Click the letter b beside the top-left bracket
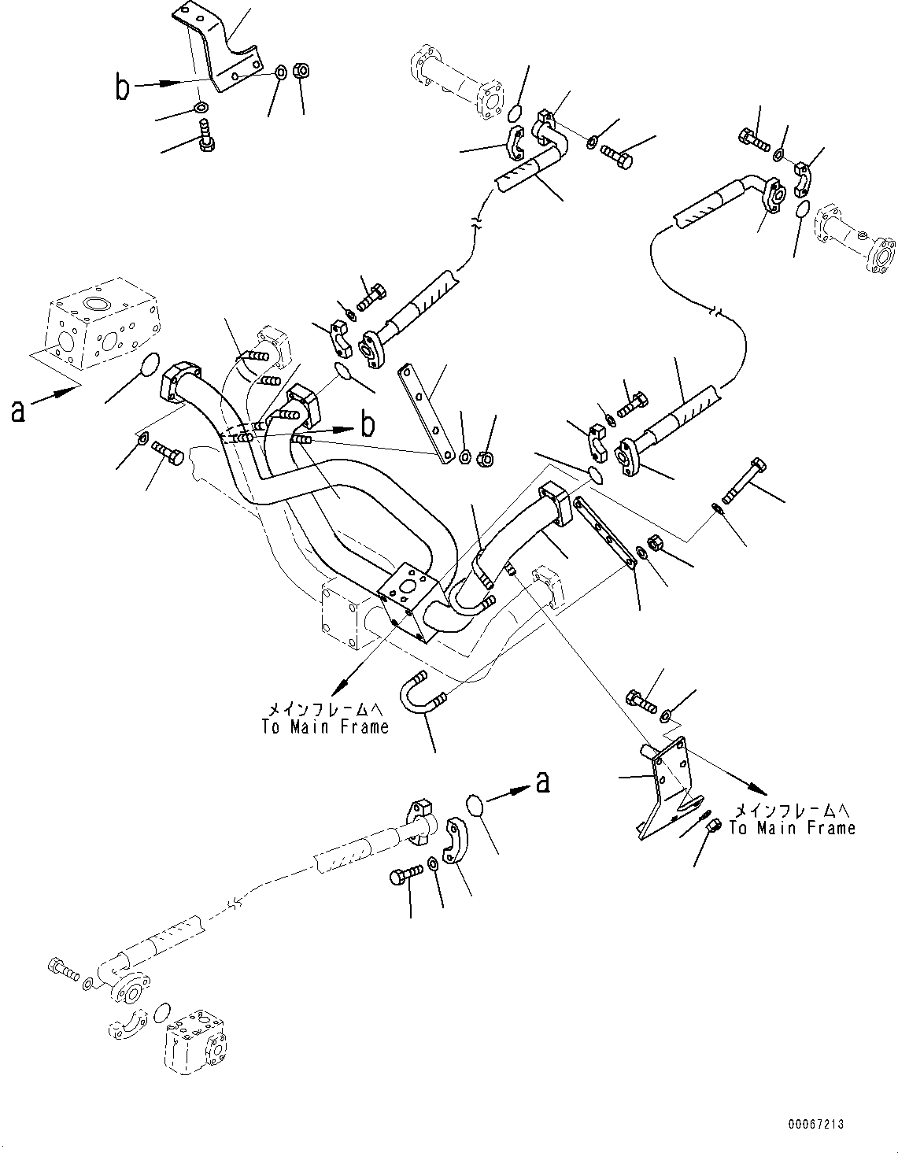tap(122, 87)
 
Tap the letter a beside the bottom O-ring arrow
tap(541, 782)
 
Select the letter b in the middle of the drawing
tap(367, 426)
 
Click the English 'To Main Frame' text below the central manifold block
tap(325, 727)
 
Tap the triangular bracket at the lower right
tap(666, 787)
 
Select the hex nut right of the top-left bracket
tap(301, 71)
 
